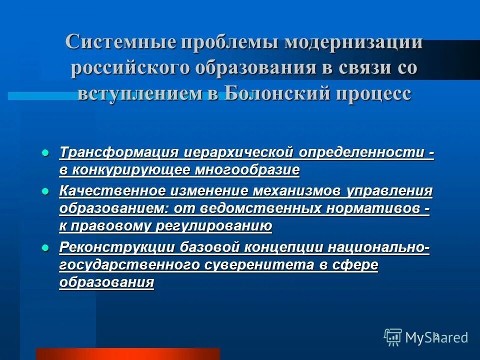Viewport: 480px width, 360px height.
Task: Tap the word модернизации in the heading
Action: click(x=354, y=42)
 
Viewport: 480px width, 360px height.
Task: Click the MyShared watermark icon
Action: click(x=393, y=337)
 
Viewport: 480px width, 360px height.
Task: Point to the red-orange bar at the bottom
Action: click(x=127, y=353)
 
